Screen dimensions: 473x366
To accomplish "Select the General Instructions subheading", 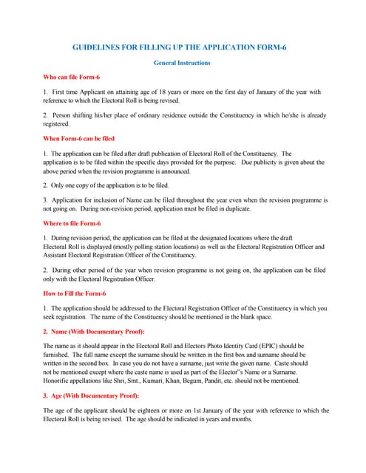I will pos(182,63).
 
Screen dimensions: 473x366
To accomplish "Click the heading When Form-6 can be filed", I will pos(79,138).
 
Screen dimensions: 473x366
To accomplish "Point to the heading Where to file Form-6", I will pos(72,223).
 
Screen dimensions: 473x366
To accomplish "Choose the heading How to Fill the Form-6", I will pos(75,293).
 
